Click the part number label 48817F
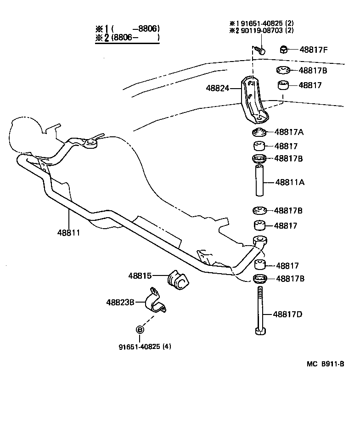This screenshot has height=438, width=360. coord(314,50)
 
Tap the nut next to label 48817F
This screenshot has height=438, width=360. coord(284,50)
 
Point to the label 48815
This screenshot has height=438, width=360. coord(140,275)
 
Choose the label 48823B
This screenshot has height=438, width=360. coord(120,302)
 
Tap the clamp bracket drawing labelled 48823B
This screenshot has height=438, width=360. coord(154,301)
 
